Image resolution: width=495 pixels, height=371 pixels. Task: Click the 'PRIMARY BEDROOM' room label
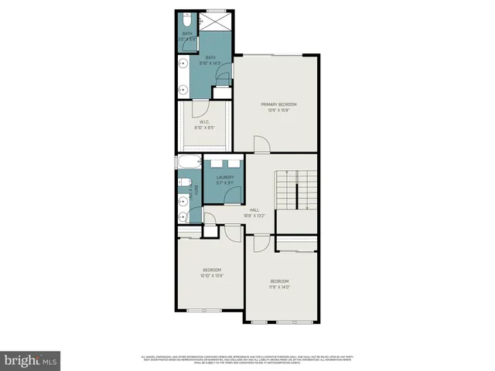(278, 104)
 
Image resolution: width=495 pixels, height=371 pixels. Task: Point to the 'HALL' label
(254, 209)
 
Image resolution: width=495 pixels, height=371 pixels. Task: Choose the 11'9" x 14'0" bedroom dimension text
(279, 286)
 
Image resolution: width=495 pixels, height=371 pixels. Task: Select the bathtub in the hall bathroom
(189, 164)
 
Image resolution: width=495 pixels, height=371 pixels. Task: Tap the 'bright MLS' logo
(31, 359)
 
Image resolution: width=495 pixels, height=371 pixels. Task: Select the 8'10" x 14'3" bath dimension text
(210, 63)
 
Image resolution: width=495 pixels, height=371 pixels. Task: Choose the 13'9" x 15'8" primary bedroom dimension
(278, 111)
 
